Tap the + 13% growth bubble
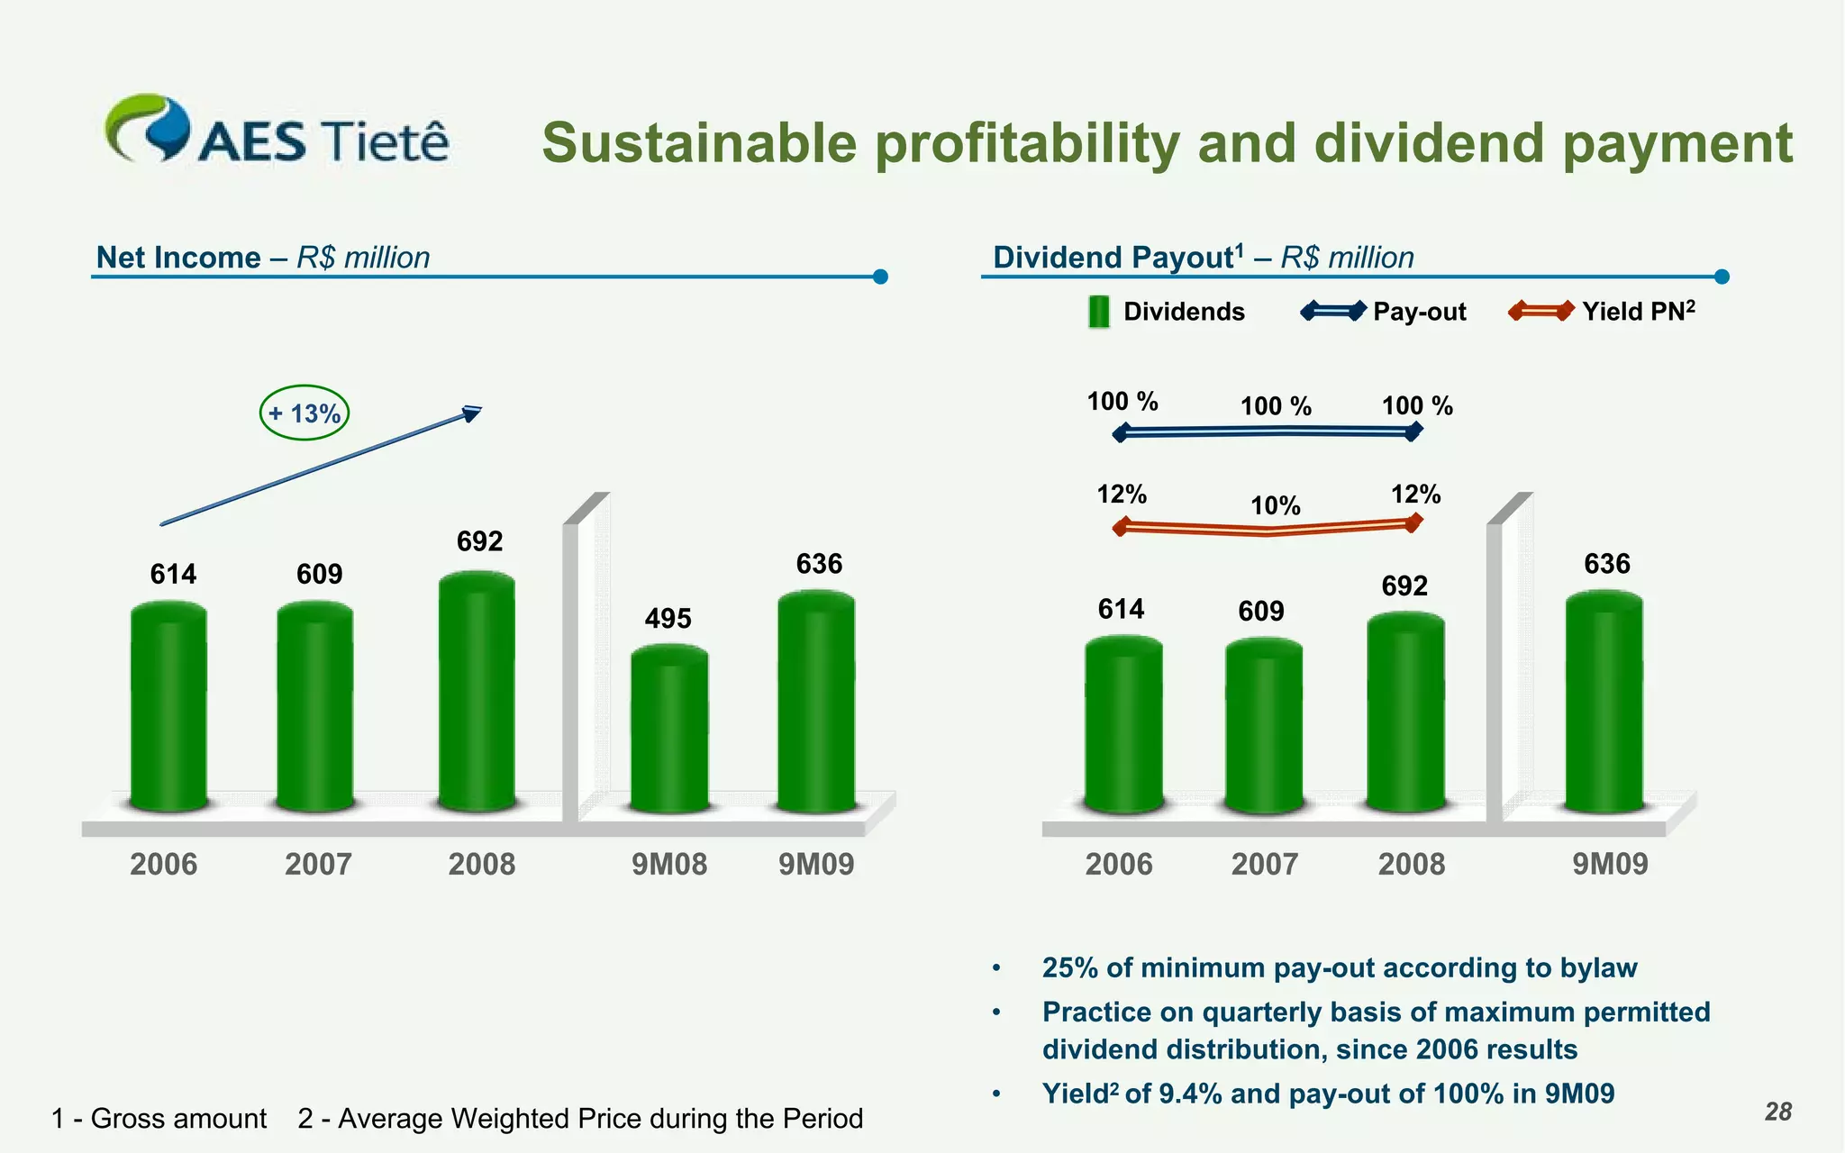point(304,413)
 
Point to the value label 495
point(668,619)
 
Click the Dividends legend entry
point(1167,312)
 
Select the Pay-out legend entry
point(1385,312)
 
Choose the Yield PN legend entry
point(1603,312)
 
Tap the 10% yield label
point(1275,506)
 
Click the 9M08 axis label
point(668,865)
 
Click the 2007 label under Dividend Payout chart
point(1264,865)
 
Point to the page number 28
point(1777,1112)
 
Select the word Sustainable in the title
point(699,144)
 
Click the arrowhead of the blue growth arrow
point(472,413)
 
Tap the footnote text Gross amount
point(178,1119)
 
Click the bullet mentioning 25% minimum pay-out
point(1339,967)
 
